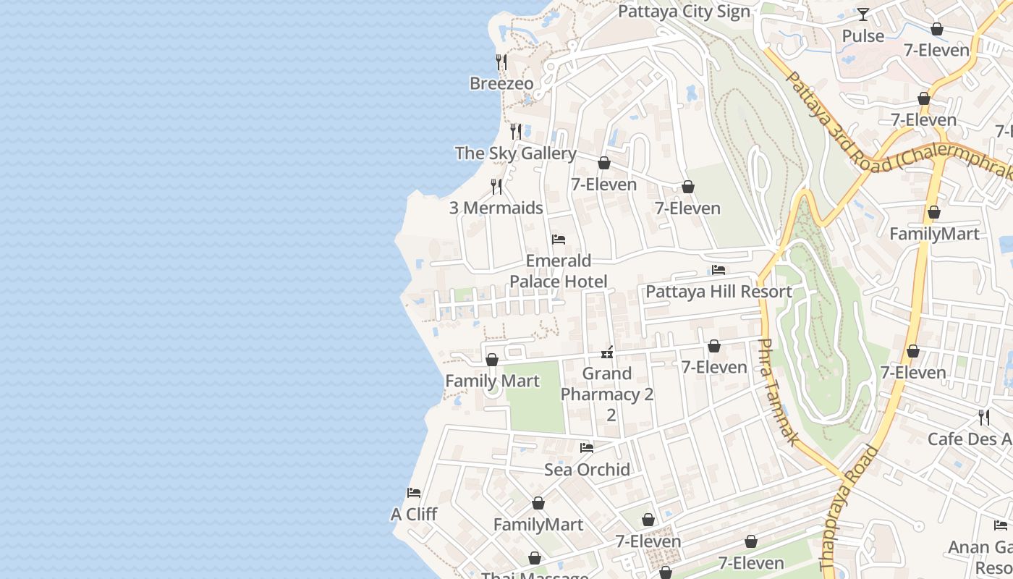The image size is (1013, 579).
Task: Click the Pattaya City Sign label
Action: tap(684, 12)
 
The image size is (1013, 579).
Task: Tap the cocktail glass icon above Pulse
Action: tap(863, 14)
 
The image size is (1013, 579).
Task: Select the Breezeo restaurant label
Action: tap(501, 83)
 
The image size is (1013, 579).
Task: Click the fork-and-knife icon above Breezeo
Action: tap(501, 62)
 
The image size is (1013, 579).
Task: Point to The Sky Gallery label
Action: tap(515, 153)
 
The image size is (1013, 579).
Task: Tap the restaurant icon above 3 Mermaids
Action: tap(496, 187)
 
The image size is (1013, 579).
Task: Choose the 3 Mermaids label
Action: tap(496, 208)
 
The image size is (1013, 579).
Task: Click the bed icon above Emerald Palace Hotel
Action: tap(558, 240)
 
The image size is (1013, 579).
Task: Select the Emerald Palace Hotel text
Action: tap(558, 271)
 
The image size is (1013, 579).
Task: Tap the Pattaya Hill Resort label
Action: tap(719, 292)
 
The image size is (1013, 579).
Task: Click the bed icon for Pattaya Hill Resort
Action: tap(719, 270)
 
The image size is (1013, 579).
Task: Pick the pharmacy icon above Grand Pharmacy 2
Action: tap(607, 352)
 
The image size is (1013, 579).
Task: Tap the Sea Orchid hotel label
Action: tap(587, 470)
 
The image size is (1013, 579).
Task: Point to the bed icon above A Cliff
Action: tap(414, 493)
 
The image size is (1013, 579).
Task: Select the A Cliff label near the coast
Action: tap(414, 514)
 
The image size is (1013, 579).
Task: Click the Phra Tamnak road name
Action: tap(778, 392)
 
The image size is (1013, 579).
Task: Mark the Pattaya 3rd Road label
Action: tap(825, 111)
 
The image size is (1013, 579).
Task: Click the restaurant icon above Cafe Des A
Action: tap(984, 418)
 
